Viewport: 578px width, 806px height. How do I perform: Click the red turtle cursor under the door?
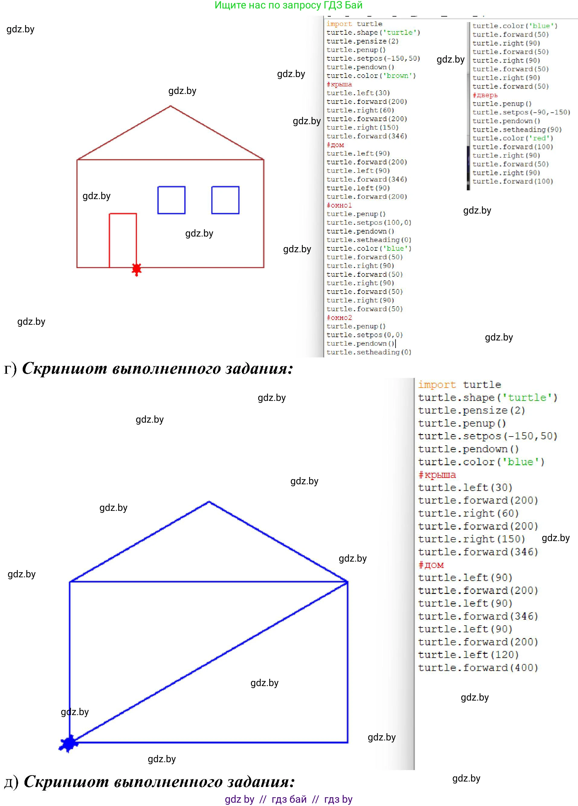(x=137, y=269)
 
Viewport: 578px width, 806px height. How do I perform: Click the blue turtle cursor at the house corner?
(x=69, y=743)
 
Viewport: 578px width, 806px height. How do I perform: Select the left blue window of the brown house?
(x=171, y=200)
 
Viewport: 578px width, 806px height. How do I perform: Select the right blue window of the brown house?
(x=225, y=200)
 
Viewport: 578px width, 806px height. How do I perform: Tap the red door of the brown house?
(x=123, y=240)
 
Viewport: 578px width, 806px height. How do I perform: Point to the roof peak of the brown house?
(x=171, y=106)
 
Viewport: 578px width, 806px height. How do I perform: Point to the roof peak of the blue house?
(x=209, y=501)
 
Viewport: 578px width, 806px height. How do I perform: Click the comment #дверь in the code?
(x=485, y=95)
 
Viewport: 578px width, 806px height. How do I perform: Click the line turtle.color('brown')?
(x=371, y=76)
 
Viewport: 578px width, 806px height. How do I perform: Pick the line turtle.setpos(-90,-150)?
(x=521, y=112)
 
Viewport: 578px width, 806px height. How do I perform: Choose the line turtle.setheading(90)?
(x=517, y=130)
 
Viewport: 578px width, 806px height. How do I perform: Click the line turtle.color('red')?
(x=513, y=138)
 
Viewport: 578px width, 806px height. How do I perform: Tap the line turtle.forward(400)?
(x=478, y=668)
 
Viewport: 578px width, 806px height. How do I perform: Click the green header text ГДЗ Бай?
(x=343, y=5)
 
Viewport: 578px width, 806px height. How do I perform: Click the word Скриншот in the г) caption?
(x=65, y=369)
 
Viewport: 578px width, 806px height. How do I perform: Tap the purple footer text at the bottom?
(x=289, y=799)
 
